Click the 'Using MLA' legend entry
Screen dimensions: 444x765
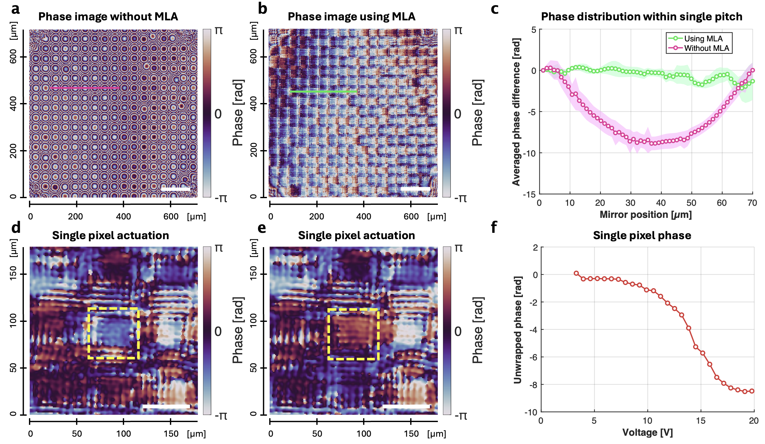point(703,38)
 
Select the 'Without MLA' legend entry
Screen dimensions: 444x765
point(706,48)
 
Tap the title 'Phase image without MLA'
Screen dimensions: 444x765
point(108,17)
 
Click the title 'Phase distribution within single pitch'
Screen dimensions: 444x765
point(642,17)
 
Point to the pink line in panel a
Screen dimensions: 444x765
point(85,87)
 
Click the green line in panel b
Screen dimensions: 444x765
point(323,92)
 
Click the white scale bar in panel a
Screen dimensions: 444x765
point(175,189)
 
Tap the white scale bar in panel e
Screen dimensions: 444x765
point(406,406)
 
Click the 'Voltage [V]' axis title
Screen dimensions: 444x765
point(648,433)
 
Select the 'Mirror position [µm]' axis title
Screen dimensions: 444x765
point(646,215)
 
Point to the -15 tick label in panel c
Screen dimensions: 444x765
point(529,194)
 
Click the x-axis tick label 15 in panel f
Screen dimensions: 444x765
point(701,421)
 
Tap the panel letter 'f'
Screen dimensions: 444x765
point(494,227)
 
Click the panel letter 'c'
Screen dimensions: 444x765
point(495,9)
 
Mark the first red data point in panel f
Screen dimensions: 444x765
point(576,273)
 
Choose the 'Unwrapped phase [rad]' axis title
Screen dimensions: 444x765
point(518,330)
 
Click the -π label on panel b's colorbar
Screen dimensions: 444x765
point(460,198)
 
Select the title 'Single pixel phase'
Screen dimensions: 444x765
point(642,235)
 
